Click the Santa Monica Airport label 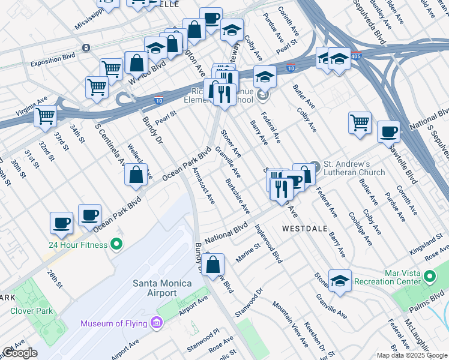154,288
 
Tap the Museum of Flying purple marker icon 157,323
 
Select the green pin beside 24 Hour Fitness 116,245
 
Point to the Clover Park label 31,311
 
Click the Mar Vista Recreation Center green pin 430,277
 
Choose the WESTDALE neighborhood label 304,229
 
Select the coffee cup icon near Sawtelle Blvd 388,132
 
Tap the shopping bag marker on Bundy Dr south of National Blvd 213,264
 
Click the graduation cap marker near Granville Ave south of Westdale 340,281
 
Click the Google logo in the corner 20,353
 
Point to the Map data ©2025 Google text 412,355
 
